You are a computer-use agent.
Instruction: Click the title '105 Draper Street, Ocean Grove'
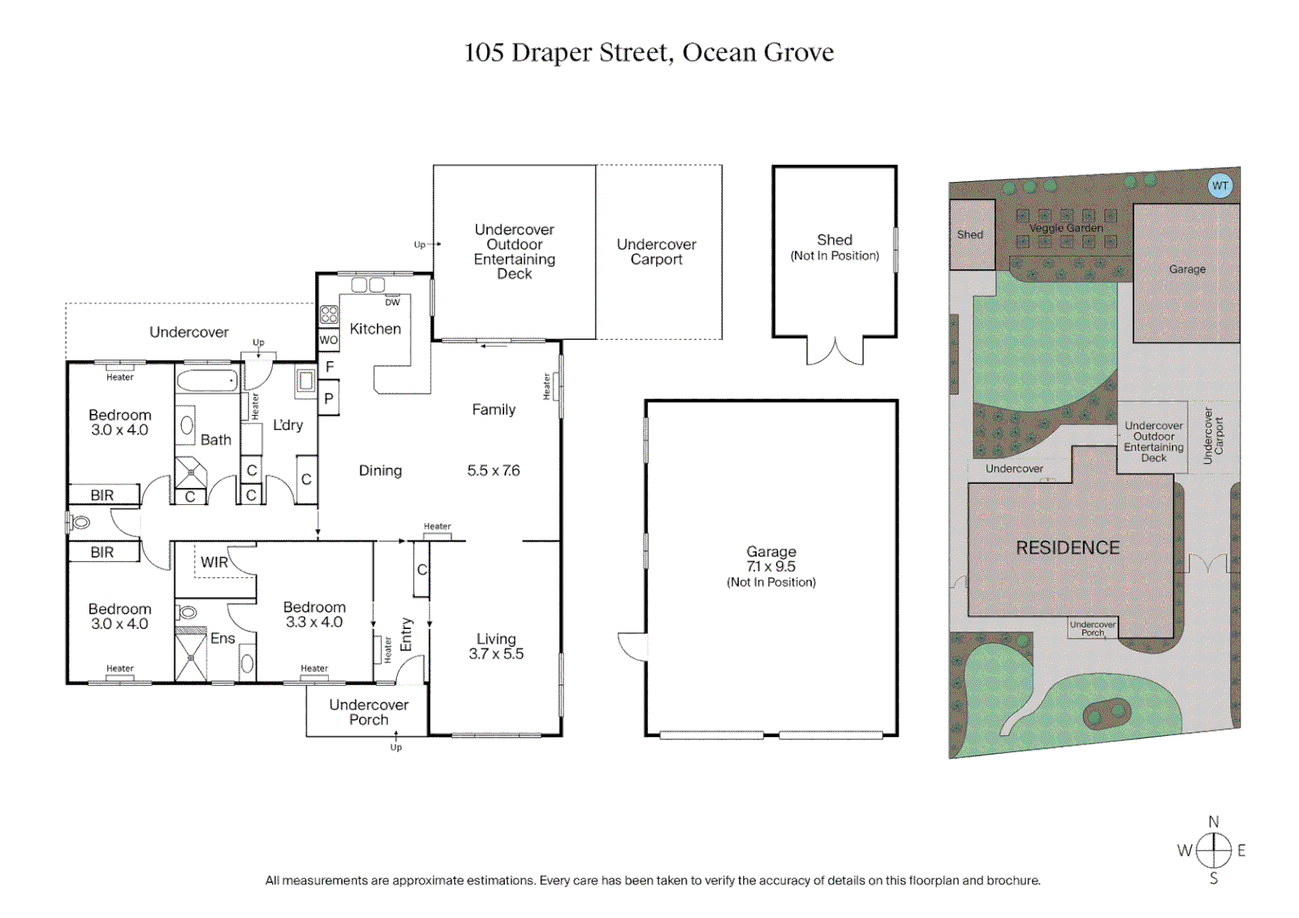tap(649, 53)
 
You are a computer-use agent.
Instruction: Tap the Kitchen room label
tap(375, 329)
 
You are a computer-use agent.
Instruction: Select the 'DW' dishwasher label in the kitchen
tap(392, 303)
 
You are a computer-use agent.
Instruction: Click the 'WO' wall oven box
tap(328, 340)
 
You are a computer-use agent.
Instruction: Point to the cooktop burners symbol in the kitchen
tap(329, 315)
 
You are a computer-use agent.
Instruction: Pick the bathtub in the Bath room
tap(207, 381)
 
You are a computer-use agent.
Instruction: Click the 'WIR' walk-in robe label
tap(214, 563)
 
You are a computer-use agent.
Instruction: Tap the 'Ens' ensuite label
tap(223, 638)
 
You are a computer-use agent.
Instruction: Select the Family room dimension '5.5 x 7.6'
tap(493, 471)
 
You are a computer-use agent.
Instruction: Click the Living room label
tap(496, 639)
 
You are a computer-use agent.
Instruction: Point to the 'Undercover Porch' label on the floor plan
tap(368, 712)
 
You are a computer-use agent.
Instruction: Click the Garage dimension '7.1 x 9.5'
tap(771, 567)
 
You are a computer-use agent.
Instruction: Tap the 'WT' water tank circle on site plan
tap(1220, 185)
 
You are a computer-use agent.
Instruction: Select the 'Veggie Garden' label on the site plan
tap(1066, 228)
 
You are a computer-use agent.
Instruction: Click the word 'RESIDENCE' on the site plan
tap(1068, 548)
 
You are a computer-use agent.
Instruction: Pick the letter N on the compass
tap(1213, 822)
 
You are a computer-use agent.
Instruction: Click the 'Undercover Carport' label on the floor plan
tap(656, 252)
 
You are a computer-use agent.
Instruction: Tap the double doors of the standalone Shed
tap(835, 351)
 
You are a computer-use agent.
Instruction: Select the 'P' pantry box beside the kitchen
tap(329, 399)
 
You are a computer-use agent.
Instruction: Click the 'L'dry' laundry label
tap(287, 425)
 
